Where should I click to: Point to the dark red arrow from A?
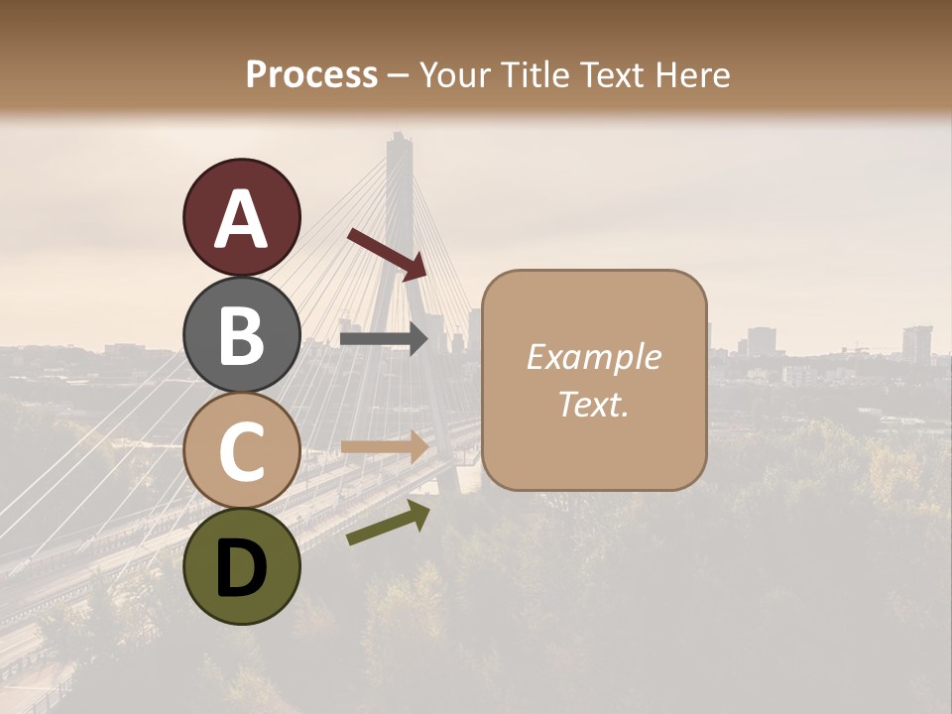[x=387, y=253]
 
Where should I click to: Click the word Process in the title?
[x=311, y=75]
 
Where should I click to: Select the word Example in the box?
[x=593, y=357]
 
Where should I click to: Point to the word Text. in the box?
[x=593, y=404]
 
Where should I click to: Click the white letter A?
[x=241, y=219]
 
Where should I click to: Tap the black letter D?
[x=241, y=567]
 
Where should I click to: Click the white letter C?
[x=241, y=451]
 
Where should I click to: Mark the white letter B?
[x=241, y=335]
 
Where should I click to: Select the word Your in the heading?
[x=451, y=75]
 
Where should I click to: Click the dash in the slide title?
[x=399, y=75]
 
